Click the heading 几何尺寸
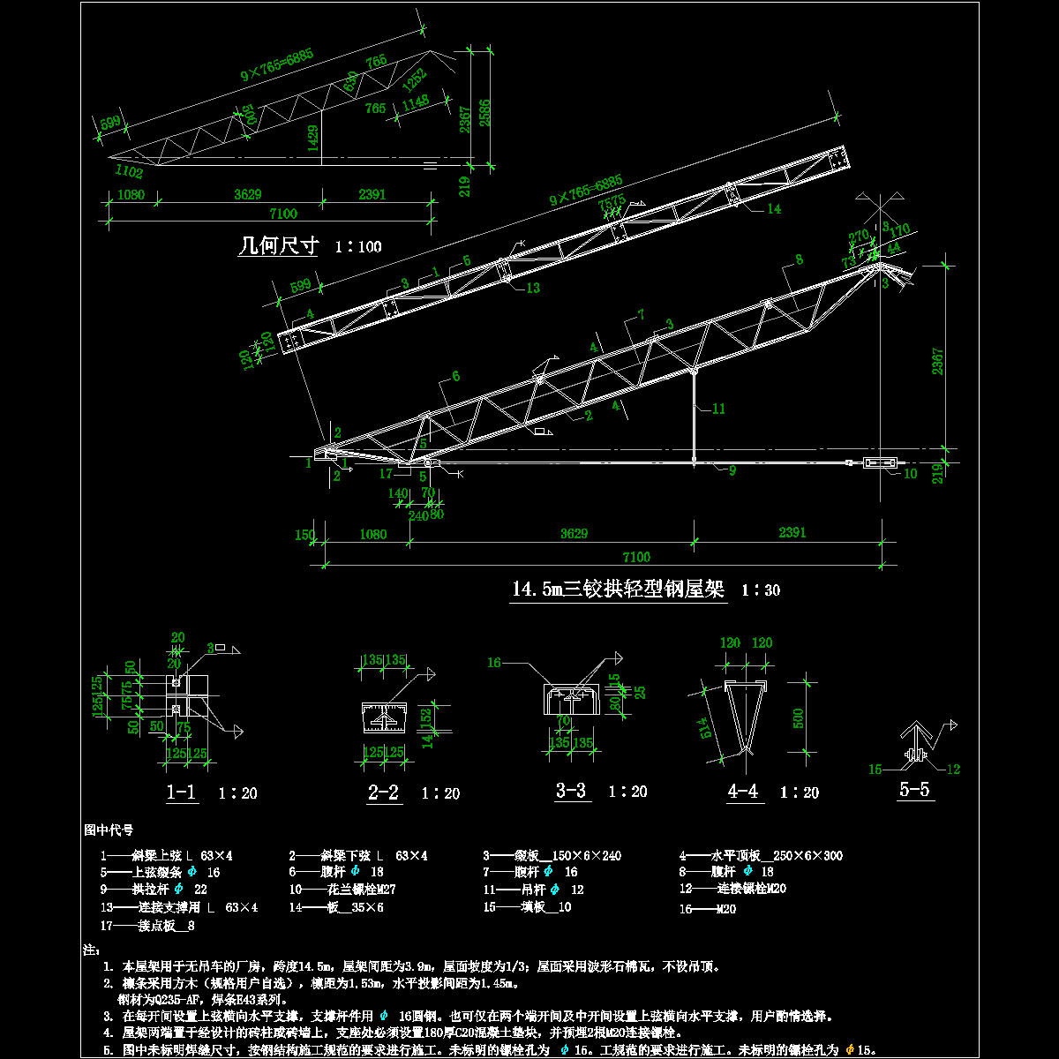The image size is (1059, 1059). [x=279, y=245]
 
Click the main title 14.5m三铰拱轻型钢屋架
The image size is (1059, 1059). [x=619, y=589]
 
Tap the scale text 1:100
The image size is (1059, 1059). [x=358, y=246]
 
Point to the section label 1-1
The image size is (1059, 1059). [x=182, y=792]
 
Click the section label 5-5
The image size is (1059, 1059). [x=914, y=790]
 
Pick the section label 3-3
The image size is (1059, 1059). [x=571, y=791]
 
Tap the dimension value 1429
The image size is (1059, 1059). [x=313, y=139]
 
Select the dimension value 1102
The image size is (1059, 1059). [x=128, y=173]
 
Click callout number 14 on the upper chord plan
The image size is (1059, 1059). [x=774, y=209]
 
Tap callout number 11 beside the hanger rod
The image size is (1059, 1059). [x=718, y=409]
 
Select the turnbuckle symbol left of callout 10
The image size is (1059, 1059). [x=880, y=462]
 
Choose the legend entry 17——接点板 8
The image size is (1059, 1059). [x=148, y=926]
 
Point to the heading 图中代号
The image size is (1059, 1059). [x=109, y=830]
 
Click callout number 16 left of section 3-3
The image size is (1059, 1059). [x=494, y=662]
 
